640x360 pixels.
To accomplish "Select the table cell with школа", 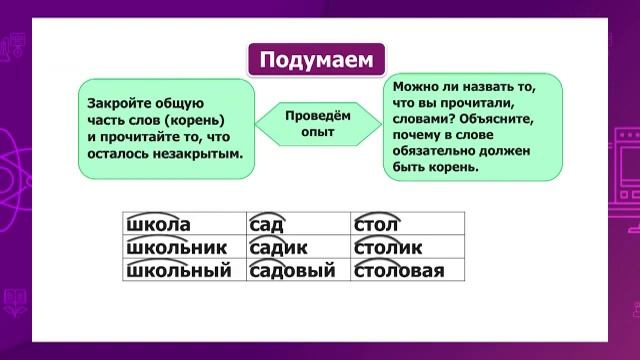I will (x=184, y=225).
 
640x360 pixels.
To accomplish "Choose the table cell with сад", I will (x=299, y=225).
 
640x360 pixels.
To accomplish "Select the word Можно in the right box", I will (x=416, y=87).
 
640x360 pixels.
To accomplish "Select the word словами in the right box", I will (x=423, y=119).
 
